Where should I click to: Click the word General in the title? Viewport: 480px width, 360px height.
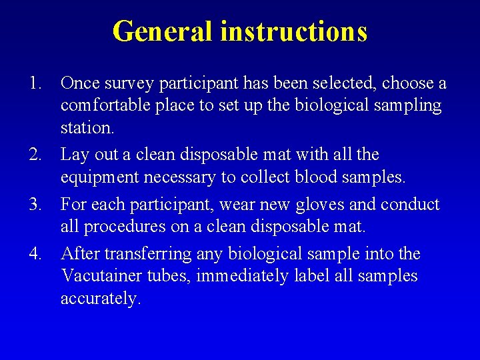[163, 31]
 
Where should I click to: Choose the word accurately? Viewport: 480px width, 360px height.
[100, 299]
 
